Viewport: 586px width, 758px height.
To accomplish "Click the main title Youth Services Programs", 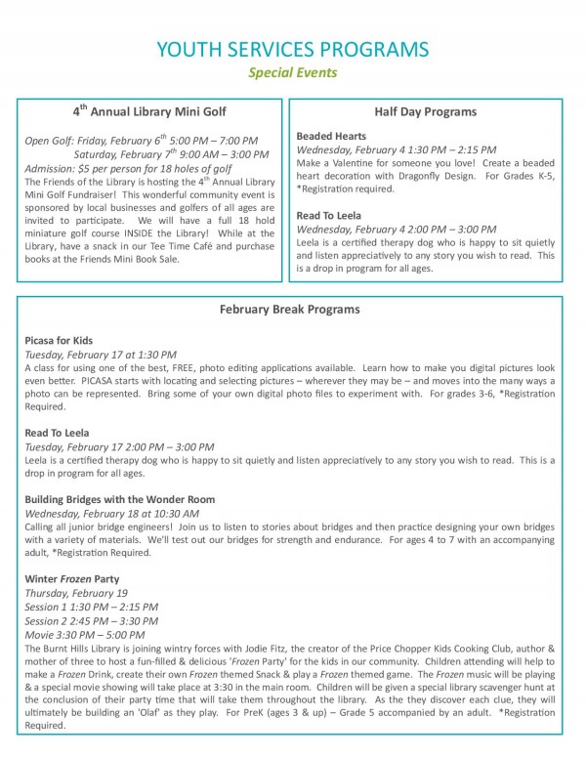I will point(292,49).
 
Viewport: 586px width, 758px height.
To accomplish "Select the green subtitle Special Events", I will point(292,72).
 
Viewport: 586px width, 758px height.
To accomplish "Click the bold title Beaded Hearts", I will point(331,136).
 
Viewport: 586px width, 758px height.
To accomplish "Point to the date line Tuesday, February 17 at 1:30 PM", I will point(102,354).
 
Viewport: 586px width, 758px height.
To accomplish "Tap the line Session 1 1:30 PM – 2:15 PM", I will point(91,607).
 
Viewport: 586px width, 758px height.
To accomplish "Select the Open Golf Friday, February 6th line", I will point(141,142).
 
